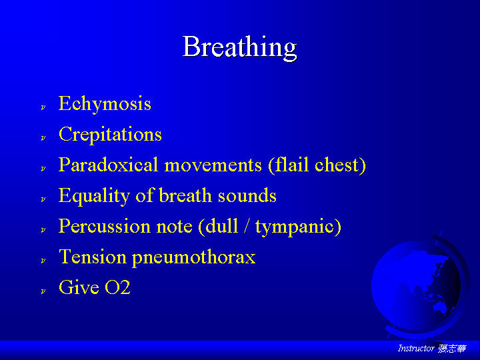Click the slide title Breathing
[240, 47]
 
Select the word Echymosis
[105, 104]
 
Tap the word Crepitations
[110, 135]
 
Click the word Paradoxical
[108, 165]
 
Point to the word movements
[213, 165]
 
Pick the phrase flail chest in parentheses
[317, 165]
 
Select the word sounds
[247, 196]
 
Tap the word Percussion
[104, 227]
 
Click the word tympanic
[298, 227]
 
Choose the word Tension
[93, 257]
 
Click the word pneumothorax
[194, 258]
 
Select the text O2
[117, 287]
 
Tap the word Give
[79, 287]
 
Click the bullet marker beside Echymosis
[43, 107]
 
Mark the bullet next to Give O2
[43, 291]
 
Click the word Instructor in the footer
[416, 348]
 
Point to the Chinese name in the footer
[452, 349]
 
